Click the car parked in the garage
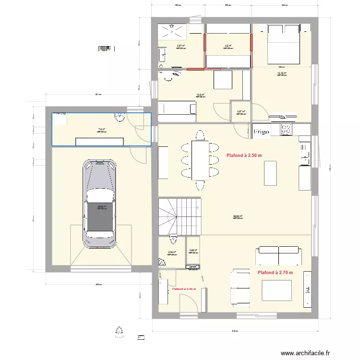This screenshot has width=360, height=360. pos(100,204)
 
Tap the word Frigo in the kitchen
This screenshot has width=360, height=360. pos(261,131)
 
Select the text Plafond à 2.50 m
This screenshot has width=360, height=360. pos(244,155)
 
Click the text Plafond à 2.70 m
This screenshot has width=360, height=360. pos(275,273)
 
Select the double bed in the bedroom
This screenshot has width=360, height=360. pos(282,43)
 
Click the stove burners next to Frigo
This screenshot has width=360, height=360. pos(287,129)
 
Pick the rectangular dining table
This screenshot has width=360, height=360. pos(200,160)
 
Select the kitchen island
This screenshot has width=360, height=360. pos(271,172)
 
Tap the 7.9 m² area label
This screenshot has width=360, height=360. pos(101,129)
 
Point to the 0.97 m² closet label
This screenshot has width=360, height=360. pos(240,112)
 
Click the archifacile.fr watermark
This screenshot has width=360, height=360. pos(305,353)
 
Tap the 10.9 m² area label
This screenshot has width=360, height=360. pos(201,95)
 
